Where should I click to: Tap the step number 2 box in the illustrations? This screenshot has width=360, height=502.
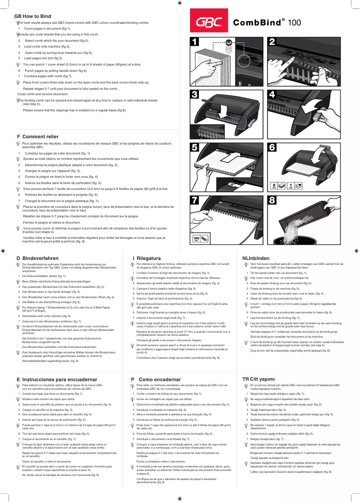(272, 42)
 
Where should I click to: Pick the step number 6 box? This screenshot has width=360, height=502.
(272, 147)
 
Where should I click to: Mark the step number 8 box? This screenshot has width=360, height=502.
(272, 200)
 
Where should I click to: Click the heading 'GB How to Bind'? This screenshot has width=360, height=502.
(34, 16)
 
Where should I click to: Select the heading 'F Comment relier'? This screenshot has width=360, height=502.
(37, 136)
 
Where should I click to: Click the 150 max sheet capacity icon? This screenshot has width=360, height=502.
(196, 238)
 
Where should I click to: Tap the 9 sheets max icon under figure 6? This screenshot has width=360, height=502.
(274, 185)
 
